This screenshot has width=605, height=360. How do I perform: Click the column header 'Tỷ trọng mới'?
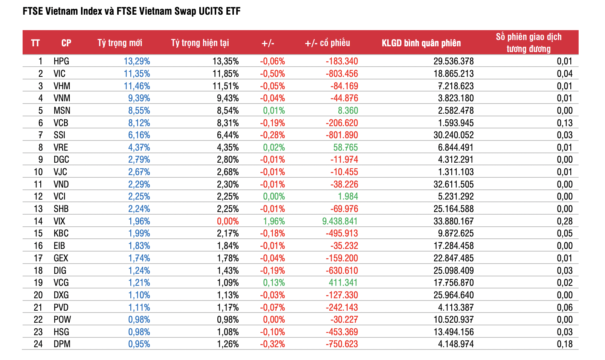(x=120, y=43)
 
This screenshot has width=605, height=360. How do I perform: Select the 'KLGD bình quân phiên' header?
(x=421, y=43)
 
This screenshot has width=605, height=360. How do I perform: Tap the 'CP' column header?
(x=66, y=43)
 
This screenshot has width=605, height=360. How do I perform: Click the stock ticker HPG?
(x=61, y=61)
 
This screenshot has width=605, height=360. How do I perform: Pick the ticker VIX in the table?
(x=60, y=221)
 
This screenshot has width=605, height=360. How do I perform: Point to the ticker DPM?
(x=62, y=344)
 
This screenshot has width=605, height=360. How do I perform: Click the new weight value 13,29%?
(x=137, y=61)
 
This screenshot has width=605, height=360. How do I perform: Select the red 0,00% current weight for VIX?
(x=228, y=221)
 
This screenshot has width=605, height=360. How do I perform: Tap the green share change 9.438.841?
(x=340, y=221)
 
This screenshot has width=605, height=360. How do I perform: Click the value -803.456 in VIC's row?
(x=342, y=73)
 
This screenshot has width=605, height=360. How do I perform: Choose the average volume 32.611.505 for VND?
(x=453, y=184)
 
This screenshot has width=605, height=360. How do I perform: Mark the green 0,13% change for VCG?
(x=274, y=282)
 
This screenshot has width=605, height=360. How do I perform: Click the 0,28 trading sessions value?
(x=565, y=221)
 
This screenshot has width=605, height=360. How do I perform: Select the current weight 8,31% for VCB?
(x=228, y=123)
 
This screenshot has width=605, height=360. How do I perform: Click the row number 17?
(x=38, y=258)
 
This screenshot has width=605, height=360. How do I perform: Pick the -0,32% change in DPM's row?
(x=272, y=344)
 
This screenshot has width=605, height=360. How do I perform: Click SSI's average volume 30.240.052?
(x=453, y=135)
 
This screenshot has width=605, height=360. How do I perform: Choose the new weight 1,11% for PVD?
(x=139, y=307)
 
